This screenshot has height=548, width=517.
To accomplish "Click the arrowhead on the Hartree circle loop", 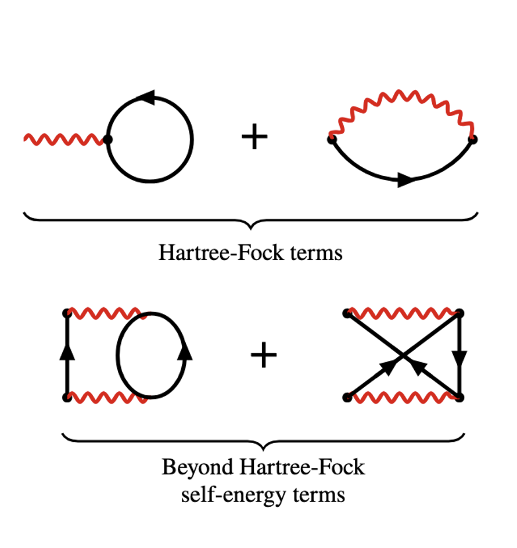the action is point(146,97).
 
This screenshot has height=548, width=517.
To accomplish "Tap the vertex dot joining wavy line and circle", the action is point(107,139).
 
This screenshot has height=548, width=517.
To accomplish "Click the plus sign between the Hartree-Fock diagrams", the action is point(254,136).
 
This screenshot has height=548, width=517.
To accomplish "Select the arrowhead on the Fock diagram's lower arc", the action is point(407,179).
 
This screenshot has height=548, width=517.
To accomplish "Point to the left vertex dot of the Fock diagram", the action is point(332,139).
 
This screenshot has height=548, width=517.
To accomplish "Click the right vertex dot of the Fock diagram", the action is point(473,139).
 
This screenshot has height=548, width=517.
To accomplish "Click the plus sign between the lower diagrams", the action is point(264,355).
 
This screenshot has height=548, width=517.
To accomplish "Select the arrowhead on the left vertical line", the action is point(67,352).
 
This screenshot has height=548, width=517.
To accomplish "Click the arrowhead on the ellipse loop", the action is point(185,352).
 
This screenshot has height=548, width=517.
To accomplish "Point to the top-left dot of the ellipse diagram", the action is point(67,313).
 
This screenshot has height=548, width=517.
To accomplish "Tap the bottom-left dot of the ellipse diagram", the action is point(67,398).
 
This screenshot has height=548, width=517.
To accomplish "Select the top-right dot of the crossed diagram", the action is point(459,313).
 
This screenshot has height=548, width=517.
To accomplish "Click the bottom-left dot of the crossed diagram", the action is point(347,398).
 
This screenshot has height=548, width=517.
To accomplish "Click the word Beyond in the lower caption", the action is point(198,467).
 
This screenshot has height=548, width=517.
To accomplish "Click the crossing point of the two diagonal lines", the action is point(403,355).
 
